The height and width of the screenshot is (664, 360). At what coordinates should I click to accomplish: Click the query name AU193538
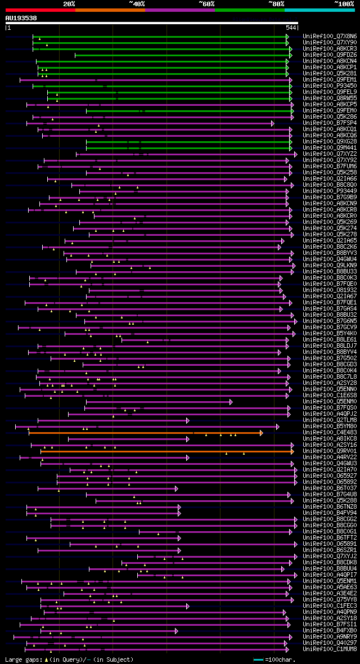21,18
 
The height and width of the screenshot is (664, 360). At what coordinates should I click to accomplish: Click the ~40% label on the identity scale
137,3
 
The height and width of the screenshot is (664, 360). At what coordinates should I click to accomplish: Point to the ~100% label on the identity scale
344,3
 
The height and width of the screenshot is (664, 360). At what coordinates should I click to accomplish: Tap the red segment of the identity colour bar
40,10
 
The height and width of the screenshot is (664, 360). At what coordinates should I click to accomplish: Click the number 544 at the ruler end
291,28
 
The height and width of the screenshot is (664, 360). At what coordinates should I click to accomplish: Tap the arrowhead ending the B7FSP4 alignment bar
273,123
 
